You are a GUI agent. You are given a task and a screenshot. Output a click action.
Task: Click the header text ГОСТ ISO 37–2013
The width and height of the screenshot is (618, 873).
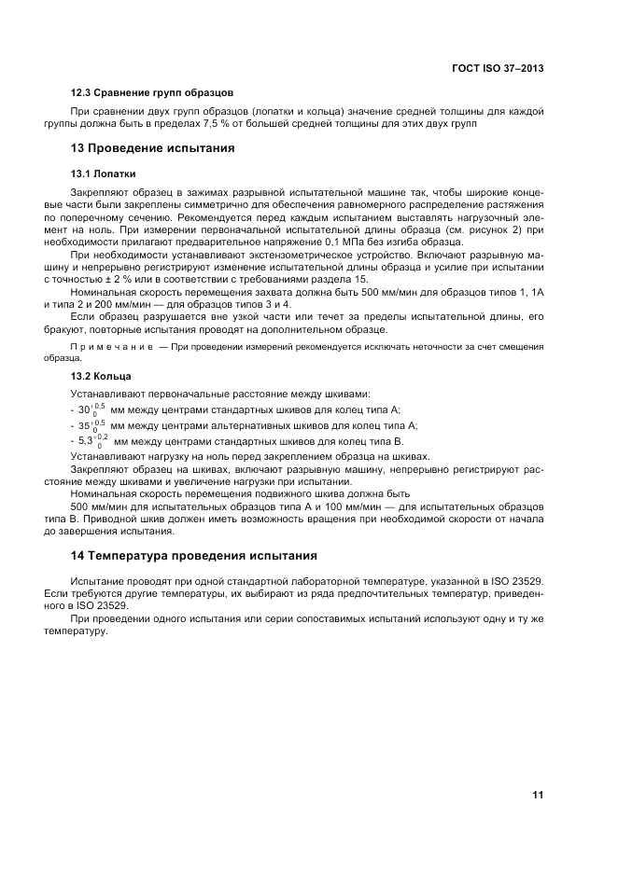[499, 69]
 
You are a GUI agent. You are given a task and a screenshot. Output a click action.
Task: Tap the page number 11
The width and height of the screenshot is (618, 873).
[538, 795]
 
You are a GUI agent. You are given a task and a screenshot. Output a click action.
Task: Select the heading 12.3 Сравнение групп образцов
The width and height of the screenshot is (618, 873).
[152, 93]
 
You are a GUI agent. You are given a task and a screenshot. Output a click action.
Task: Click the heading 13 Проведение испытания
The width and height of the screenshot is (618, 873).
[153, 147]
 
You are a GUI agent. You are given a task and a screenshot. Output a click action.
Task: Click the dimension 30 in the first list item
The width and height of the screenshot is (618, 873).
[83, 410]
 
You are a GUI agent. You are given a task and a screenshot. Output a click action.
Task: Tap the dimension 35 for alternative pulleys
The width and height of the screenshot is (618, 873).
[83, 426]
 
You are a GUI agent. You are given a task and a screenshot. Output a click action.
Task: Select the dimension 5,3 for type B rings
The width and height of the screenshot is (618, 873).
[85, 441]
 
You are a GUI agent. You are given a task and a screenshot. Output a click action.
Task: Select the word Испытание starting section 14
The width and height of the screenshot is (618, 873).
[99, 579]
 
